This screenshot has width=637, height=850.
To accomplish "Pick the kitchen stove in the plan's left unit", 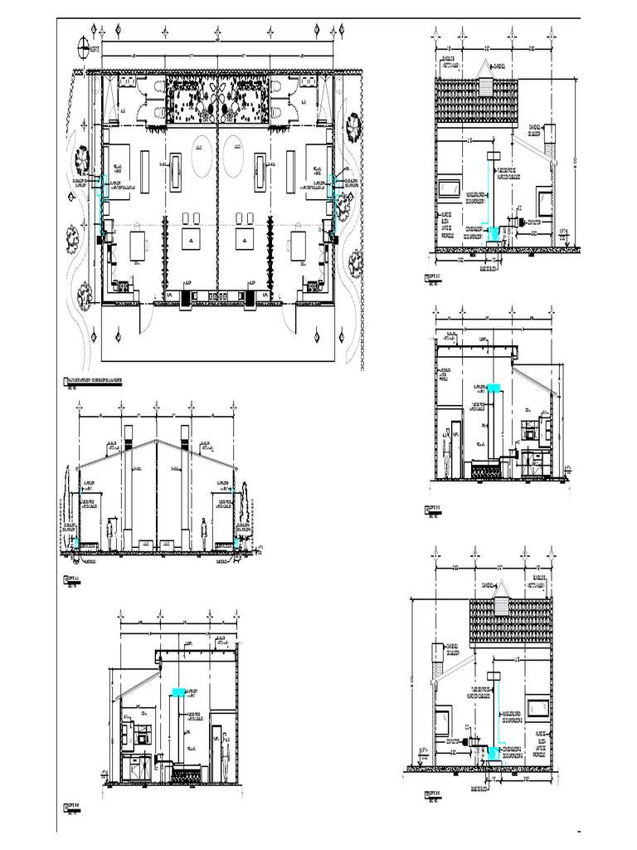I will coord(124,286).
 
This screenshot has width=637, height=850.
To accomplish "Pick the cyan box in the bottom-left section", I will coord(178,691).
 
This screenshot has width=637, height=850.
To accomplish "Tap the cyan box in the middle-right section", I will coord(494,388).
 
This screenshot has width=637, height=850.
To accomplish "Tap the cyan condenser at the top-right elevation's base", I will coord(494,234).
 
